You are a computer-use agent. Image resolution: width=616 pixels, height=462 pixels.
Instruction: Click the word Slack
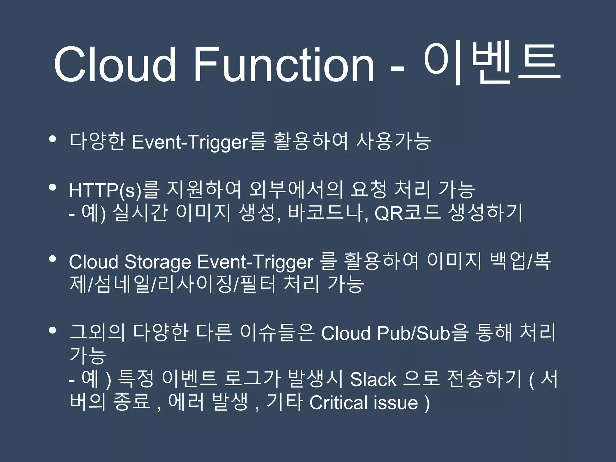click(x=373, y=379)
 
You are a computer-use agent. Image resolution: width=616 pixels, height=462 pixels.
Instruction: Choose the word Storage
click(x=158, y=262)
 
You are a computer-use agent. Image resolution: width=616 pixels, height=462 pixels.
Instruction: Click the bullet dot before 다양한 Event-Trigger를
click(x=53, y=139)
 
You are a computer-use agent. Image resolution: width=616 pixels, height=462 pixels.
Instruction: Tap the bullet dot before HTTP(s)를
click(x=53, y=188)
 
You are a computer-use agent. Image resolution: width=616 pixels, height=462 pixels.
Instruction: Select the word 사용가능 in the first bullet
click(x=393, y=141)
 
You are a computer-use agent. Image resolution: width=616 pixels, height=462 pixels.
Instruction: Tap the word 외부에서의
click(x=296, y=190)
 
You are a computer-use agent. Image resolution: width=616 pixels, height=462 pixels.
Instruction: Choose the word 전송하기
click(x=484, y=379)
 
